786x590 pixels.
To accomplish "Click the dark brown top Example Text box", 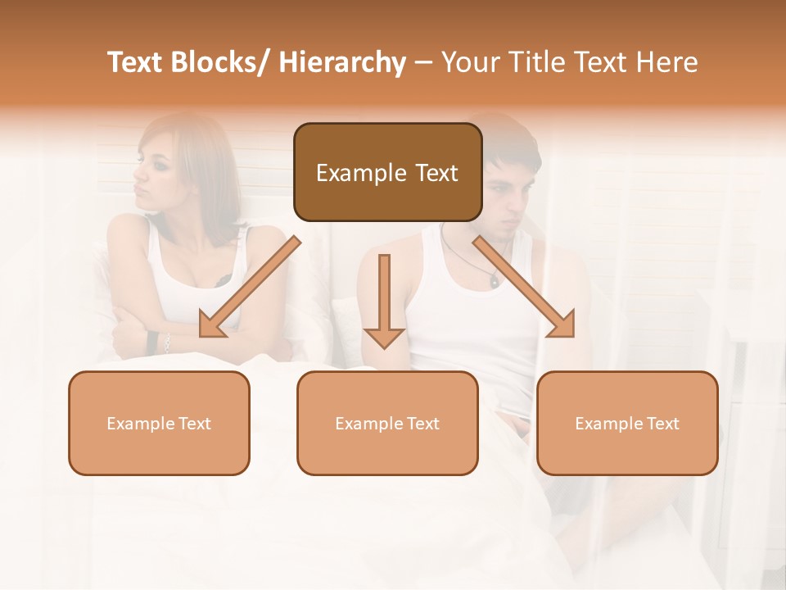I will pos(387,172).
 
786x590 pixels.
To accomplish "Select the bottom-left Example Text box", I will pos(159,423).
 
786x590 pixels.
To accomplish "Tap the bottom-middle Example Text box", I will pos(387,423).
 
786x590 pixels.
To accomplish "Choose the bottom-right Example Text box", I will pos(627,423).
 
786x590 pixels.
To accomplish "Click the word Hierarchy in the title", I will pos(342,62).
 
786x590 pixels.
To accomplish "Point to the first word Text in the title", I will pos(137,62).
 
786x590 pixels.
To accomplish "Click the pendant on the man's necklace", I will pos(494,281).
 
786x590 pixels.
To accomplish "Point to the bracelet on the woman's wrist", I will pos(166,343).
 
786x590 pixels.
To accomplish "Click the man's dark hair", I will pos(508,139).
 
